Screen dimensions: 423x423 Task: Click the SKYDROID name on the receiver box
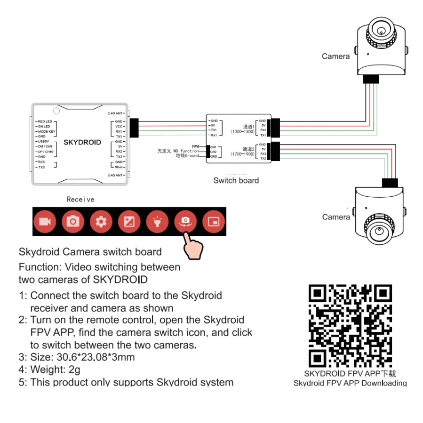tap(82, 142)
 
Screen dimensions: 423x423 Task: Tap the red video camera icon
tap(44, 221)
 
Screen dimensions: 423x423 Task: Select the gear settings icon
tap(101, 221)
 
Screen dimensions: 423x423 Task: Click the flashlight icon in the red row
tap(157, 221)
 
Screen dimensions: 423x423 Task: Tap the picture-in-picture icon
tap(214, 221)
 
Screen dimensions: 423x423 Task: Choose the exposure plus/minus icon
tap(129, 221)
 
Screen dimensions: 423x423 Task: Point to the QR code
tap(350, 325)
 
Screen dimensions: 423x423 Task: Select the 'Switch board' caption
tap(236, 180)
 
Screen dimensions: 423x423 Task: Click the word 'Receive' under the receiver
tap(80, 199)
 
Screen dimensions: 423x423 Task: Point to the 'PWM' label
tap(195, 146)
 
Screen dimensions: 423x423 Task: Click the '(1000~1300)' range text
tap(243, 131)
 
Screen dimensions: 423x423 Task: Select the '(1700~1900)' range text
tap(243, 154)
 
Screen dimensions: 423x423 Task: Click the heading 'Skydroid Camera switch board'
tap(90, 252)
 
